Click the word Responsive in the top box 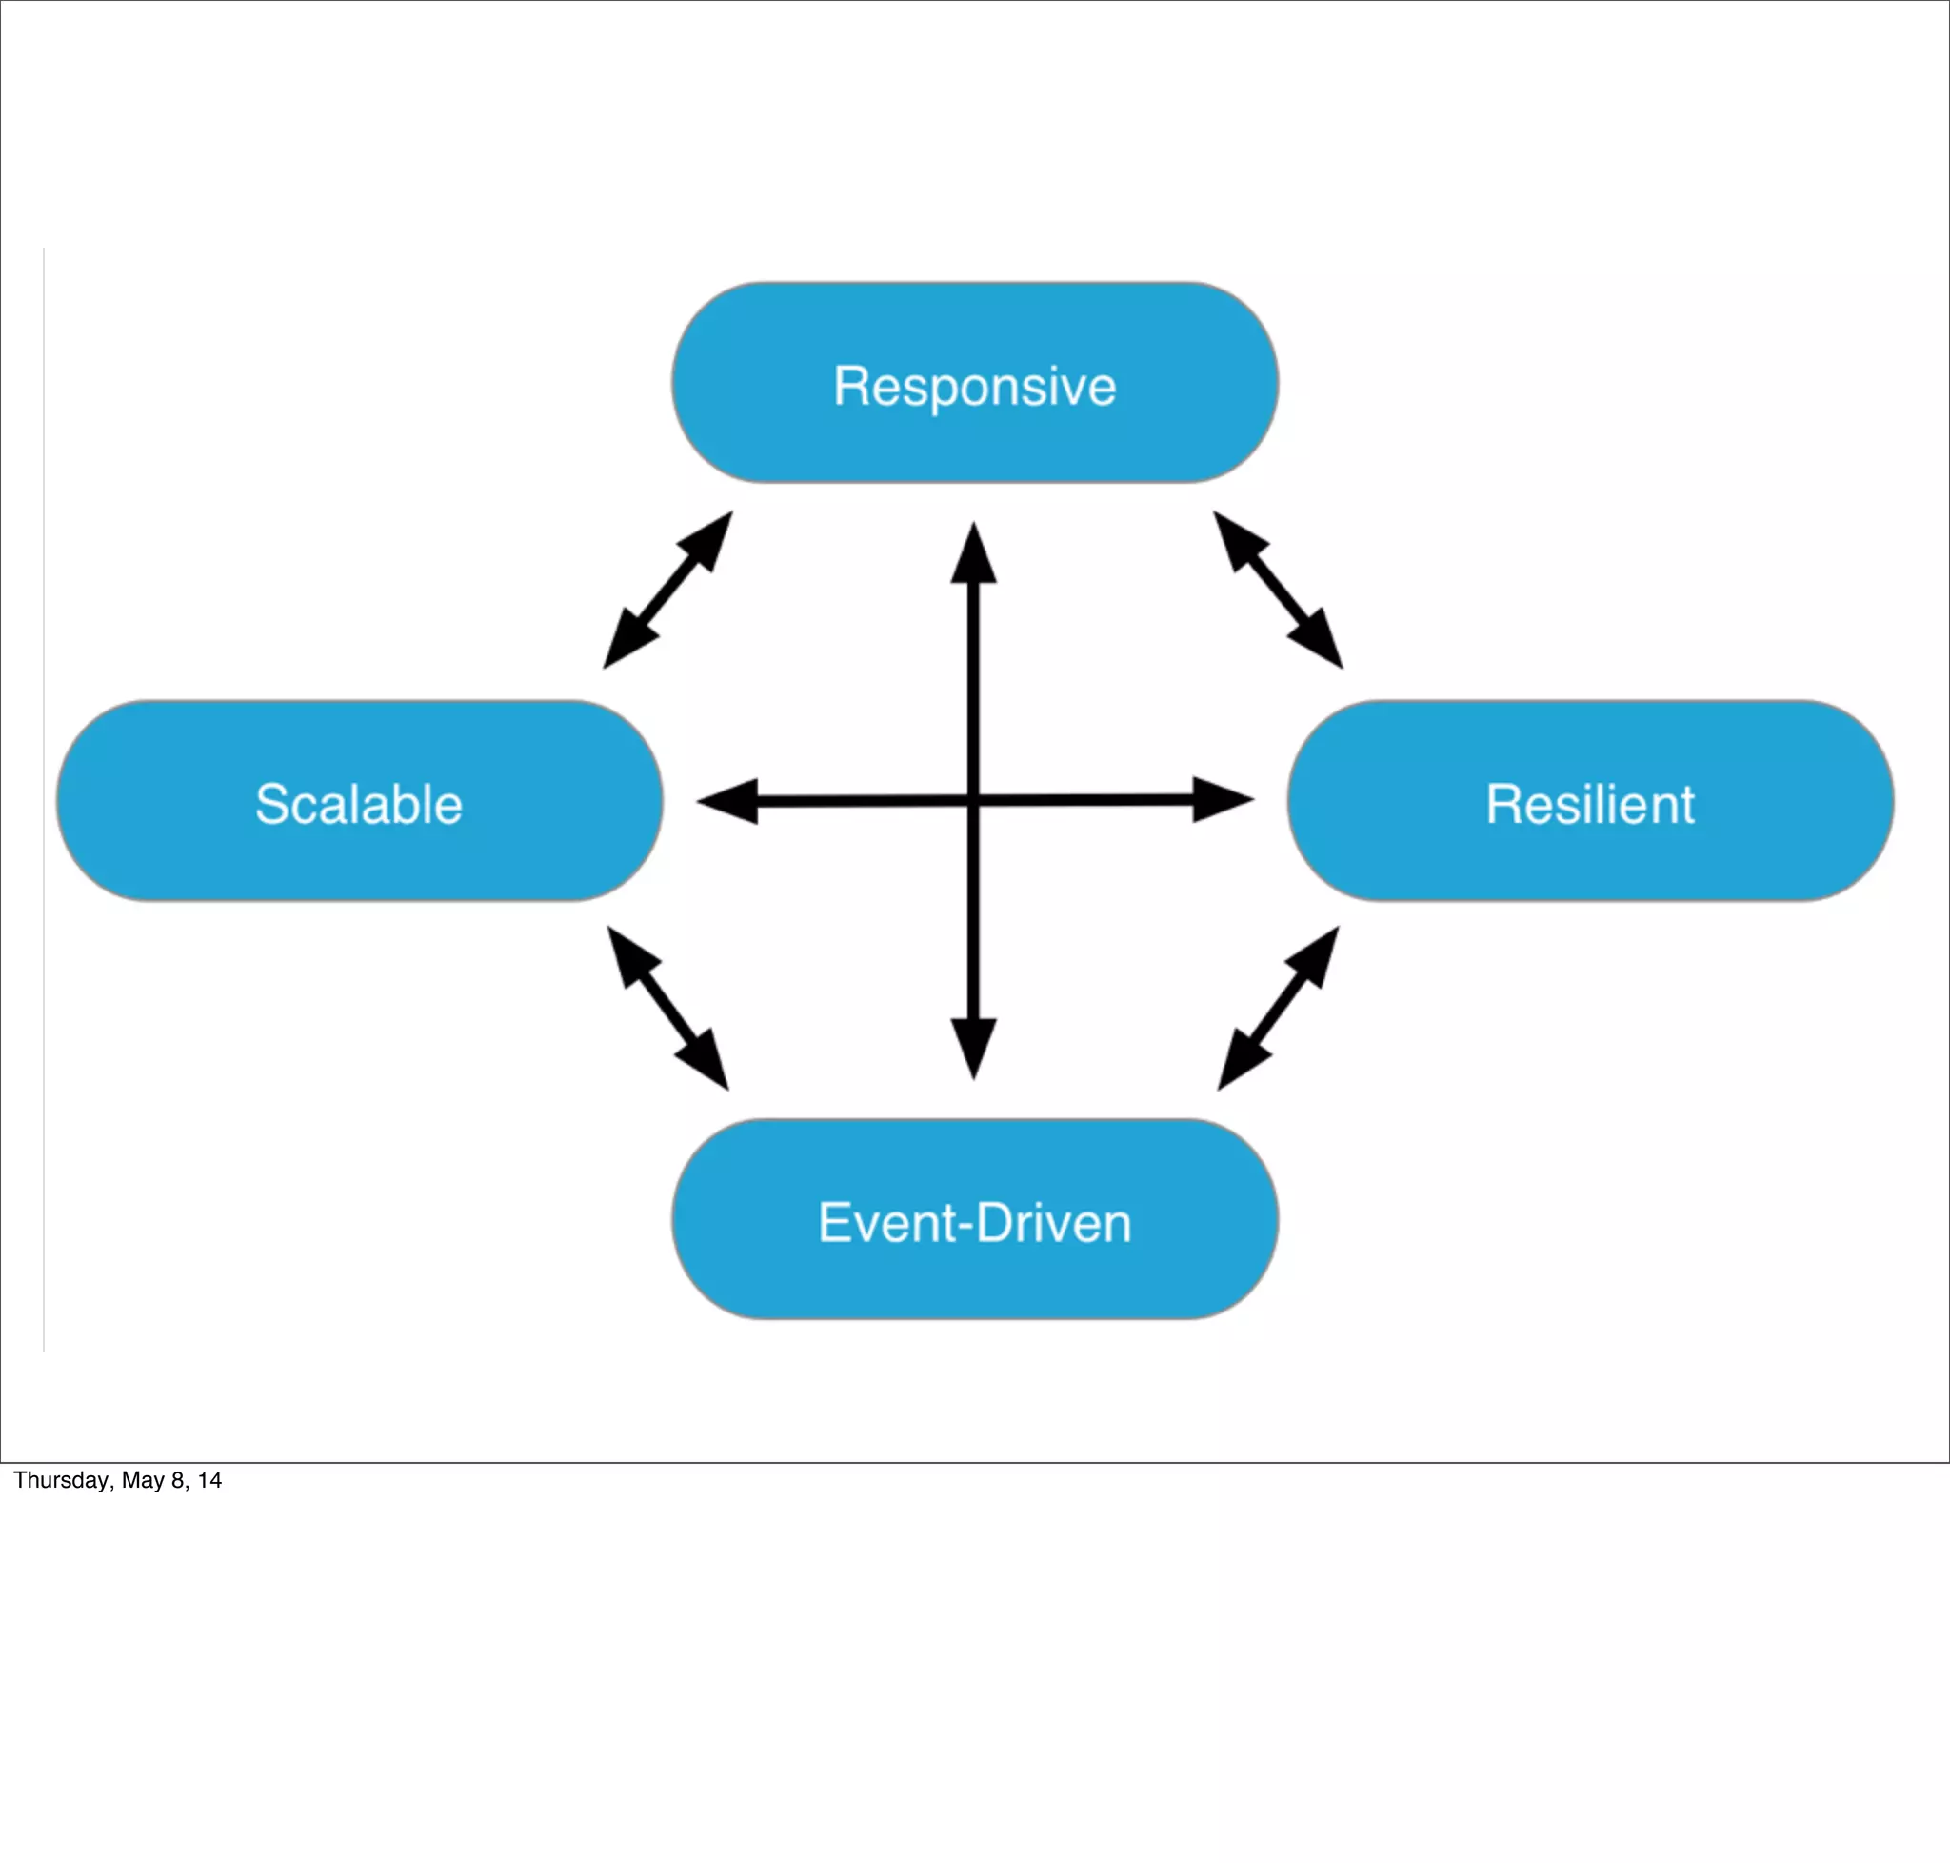[x=974, y=386]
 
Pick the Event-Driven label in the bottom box [x=974, y=1221]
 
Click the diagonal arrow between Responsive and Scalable [x=667, y=590]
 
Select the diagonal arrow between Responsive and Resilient [x=1278, y=590]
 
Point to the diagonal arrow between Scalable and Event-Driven [x=667, y=1008]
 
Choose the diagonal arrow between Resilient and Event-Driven [x=1278, y=1008]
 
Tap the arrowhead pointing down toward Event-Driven [x=973, y=1049]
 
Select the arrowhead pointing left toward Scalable [x=729, y=801]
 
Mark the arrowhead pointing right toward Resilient [x=1222, y=799]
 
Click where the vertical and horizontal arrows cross [x=973, y=800]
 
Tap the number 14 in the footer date [x=209, y=1481]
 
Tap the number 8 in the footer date [x=178, y=1481]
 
